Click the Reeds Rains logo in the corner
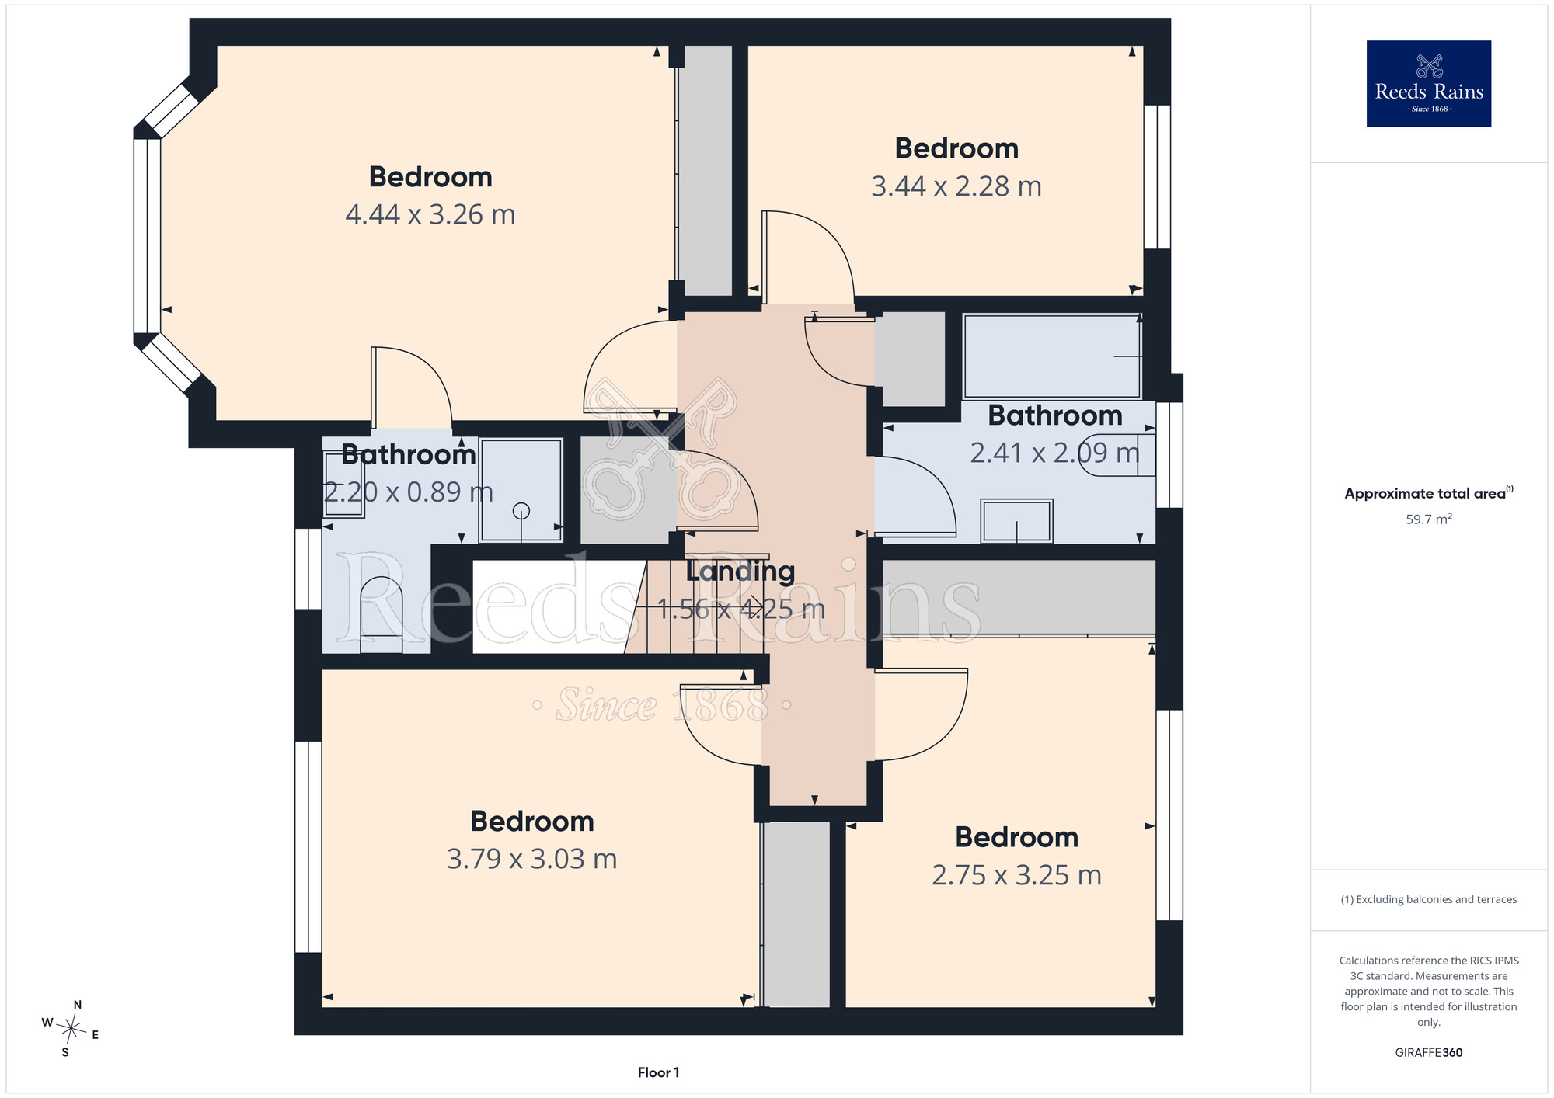(1428, 84)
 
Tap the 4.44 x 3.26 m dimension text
(430, 214)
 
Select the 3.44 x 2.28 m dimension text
(956, 186)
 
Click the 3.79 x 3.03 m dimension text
(531, 859)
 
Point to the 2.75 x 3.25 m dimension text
(1016, 875)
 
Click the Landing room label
(740, 572)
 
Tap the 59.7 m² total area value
(1428, 519)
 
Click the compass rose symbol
(71, 1030)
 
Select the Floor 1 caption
(658, 1072)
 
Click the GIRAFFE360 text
(1428, 1053)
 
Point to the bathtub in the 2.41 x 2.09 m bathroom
(1052, 356)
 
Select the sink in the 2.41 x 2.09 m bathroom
(1016, 520)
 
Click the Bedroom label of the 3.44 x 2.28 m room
(956, 148)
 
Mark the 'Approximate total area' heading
(1428, 493)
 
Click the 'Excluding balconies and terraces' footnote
(1428, 899)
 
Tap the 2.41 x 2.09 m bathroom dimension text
(1054, 453)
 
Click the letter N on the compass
(78, 1005)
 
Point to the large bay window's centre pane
(147, 236)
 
